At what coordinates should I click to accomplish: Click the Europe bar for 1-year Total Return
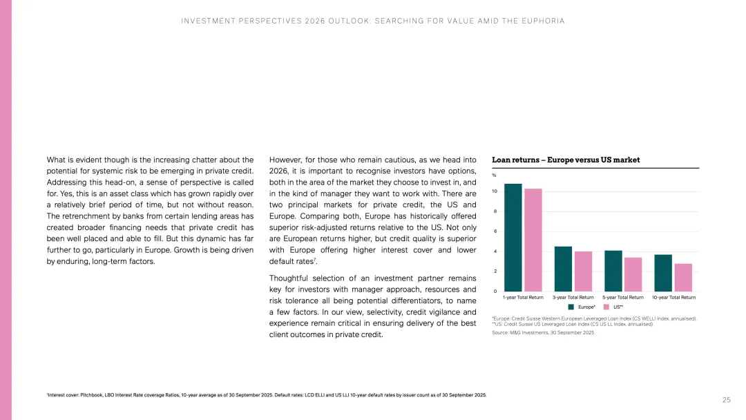tap(513, 238)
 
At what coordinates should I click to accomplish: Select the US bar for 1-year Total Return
tap(533, 240)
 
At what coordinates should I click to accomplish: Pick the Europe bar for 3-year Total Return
tap(563, 269)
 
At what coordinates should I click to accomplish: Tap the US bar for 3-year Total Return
tap(583, 271)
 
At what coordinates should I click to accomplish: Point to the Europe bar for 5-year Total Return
tap(613, 271)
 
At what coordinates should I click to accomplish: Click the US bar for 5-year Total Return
tap(633, 274)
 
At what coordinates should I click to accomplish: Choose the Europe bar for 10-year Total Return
tap(663, 273)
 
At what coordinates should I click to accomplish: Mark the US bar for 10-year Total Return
tap(683, 277)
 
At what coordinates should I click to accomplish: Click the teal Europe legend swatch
tap(571, 306)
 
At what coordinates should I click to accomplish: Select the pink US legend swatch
tap(606, 306)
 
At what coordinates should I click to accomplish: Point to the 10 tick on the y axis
tap(494, 191)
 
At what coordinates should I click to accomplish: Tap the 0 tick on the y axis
tap(494, 291)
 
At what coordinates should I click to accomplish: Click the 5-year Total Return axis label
tap(623, 297)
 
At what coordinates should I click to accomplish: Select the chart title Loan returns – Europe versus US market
tap(566, 160)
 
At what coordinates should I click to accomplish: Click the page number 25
tap(727, 400)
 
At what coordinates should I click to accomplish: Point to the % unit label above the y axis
tap(494, 175)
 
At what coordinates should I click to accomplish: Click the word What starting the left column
tap(57, 160)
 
